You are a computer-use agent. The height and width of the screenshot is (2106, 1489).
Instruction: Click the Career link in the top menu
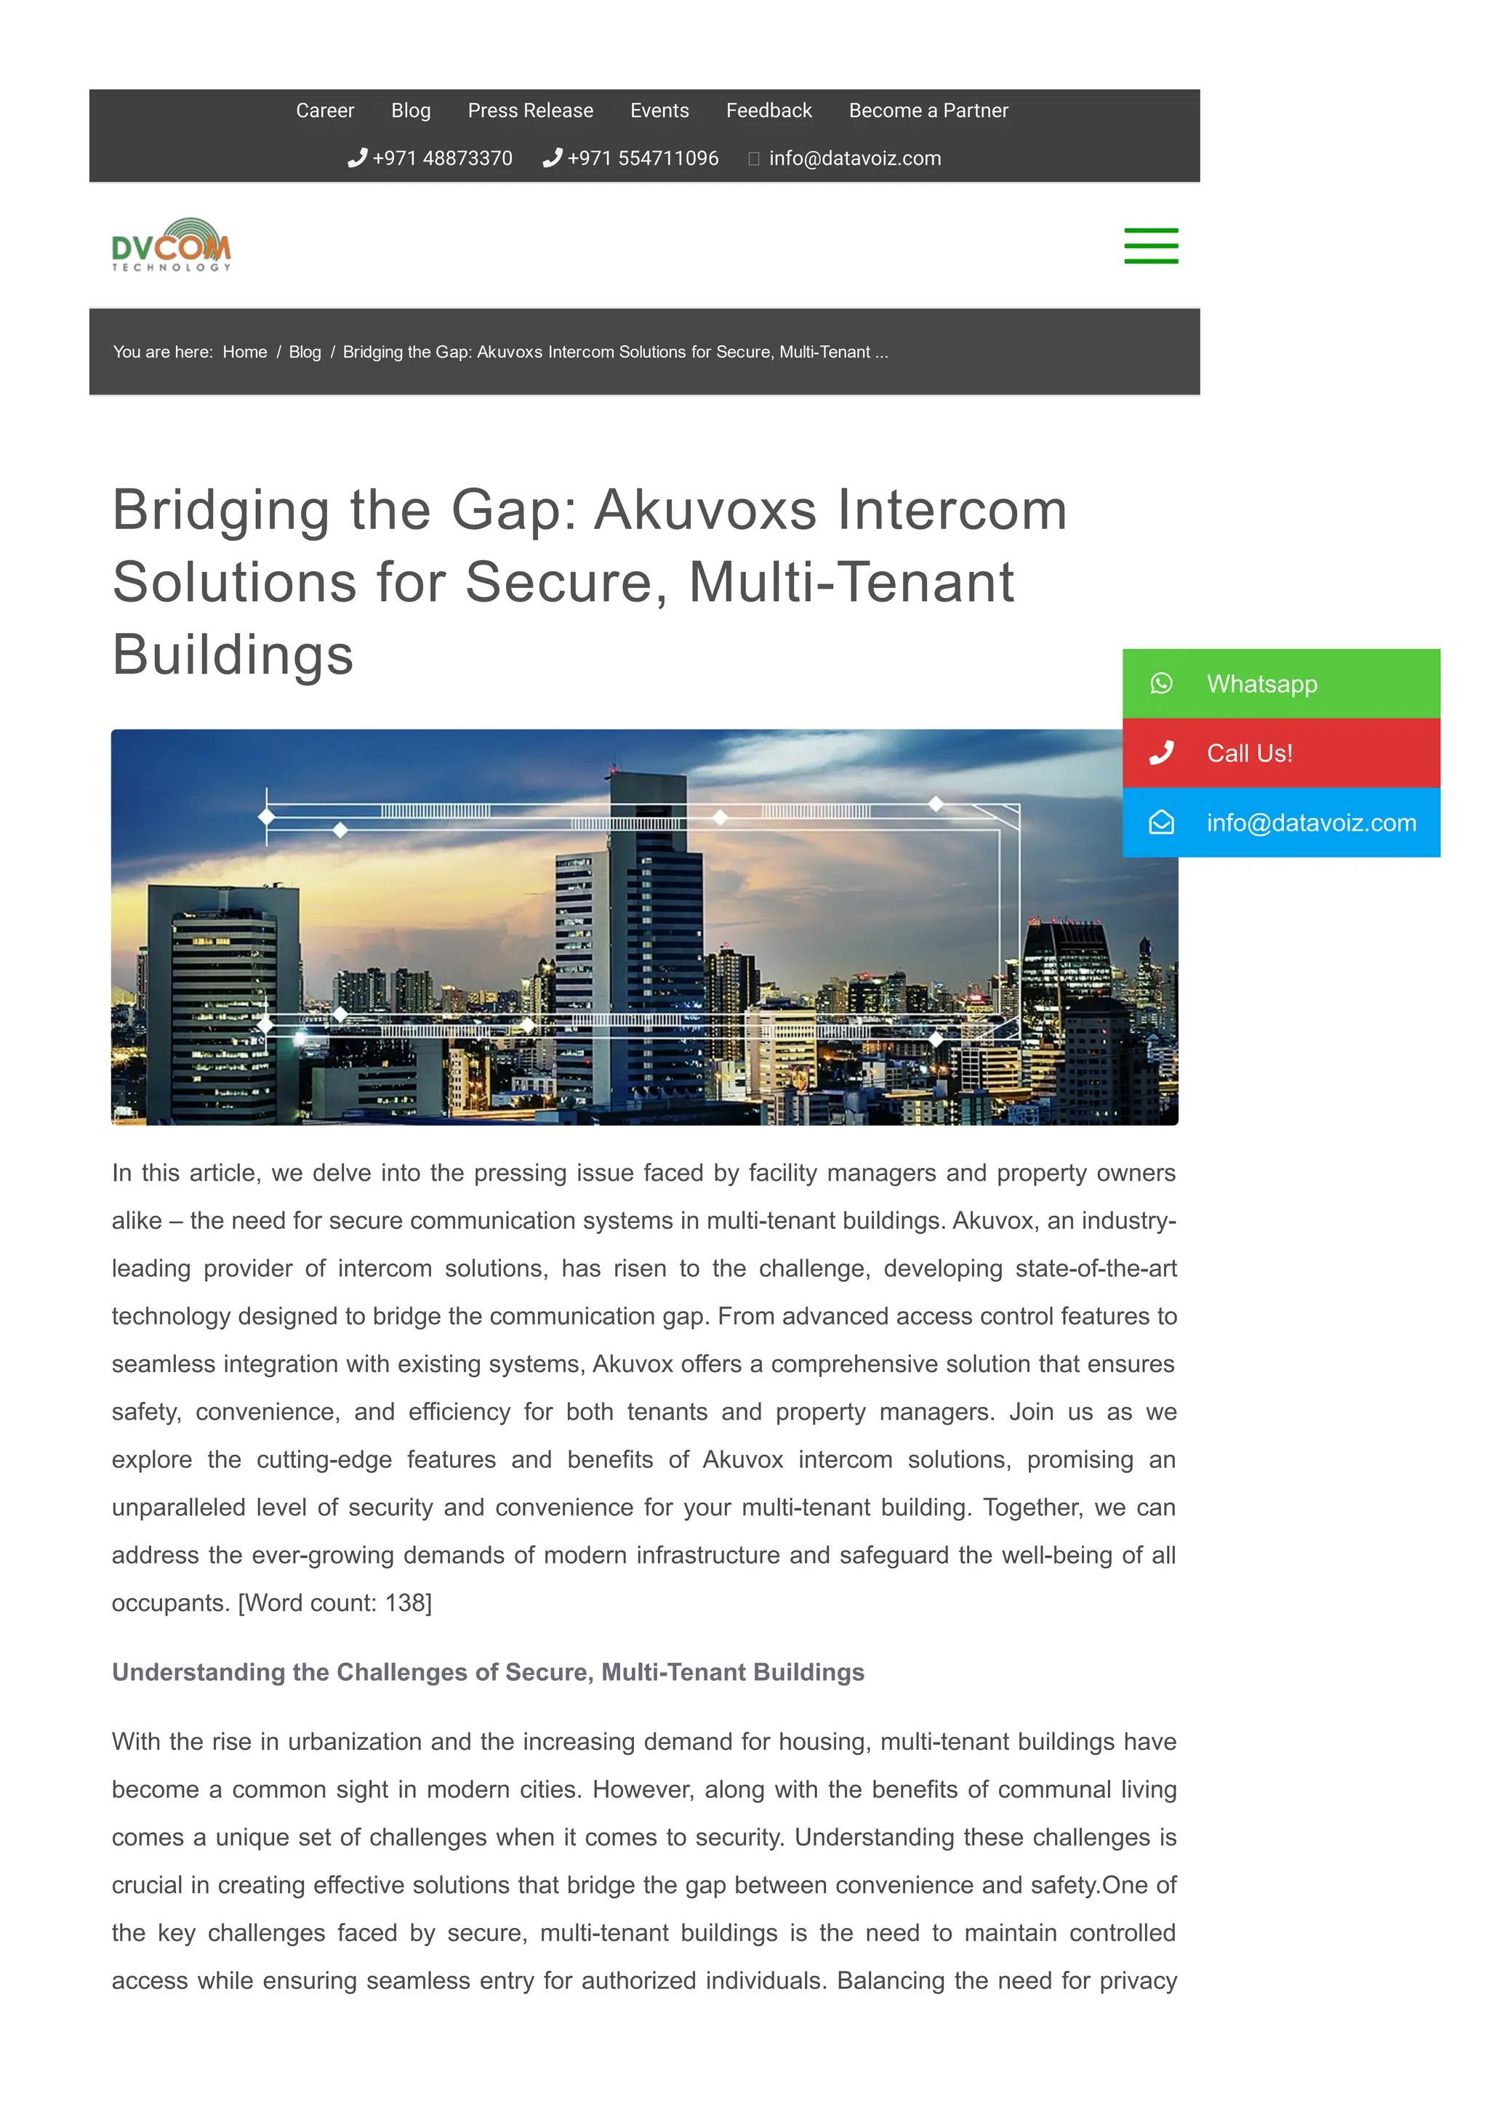pos(325,111)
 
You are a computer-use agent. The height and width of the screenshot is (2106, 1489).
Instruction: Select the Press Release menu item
pos(530,111)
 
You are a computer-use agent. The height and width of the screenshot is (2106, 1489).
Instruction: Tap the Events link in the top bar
pos(659,111)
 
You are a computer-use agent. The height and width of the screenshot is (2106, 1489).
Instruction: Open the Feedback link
pos(768,111)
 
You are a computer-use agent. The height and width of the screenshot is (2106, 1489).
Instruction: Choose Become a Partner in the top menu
pos(928,111)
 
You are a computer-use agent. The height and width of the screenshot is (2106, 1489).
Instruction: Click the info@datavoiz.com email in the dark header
pos(854,158)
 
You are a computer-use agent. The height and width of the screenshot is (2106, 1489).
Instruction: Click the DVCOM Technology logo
pos(172,246)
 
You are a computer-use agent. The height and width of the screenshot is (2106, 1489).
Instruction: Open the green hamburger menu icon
pos(1150,246)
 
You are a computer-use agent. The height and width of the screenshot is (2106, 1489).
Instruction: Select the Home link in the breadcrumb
pos(245,352)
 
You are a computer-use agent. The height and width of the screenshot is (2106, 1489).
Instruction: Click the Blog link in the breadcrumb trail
pos(305,352)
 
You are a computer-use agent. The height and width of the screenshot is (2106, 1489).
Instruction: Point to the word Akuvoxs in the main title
pos(705,510)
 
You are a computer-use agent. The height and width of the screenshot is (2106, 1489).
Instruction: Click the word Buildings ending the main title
pos(233,655)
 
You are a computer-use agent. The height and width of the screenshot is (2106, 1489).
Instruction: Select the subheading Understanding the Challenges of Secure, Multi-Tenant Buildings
pos(488,1672)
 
